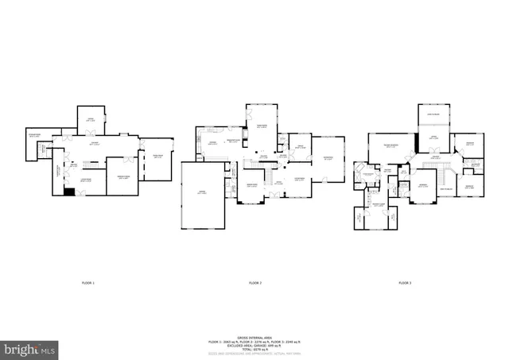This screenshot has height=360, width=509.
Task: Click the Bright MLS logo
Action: point(30,348)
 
